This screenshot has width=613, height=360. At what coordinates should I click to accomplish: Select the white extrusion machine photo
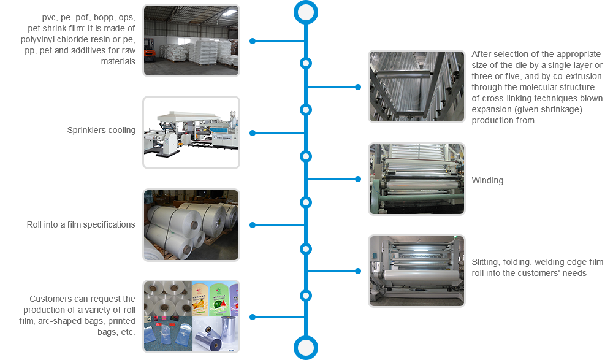click(x=191, y=132)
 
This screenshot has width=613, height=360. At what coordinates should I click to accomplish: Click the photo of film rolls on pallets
click(x=191, y=224)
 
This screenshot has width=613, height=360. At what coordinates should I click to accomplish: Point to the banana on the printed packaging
click(x=202, y=294)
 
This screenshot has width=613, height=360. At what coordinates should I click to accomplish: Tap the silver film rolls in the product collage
click(x=214, y=335)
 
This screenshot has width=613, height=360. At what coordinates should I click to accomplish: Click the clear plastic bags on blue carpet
click(x=167, y=335)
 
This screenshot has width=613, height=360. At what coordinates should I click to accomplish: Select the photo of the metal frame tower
click(x=416, y=86)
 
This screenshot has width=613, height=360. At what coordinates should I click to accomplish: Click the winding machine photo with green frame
click(x=416, y=178)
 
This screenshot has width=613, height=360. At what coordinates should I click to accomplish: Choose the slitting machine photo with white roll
click(x=416, y=270)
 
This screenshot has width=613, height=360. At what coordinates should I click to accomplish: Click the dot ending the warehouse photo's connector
click(x=253, y=41)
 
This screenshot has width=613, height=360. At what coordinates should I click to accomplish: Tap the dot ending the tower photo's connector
click(x=358, y=87)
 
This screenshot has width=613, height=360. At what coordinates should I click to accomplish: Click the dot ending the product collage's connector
click(x=253, y=317)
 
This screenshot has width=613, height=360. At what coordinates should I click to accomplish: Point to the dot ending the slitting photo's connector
click(x=358, y=271)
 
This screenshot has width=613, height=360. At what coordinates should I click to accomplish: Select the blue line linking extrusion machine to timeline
click(x=279, y=133)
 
